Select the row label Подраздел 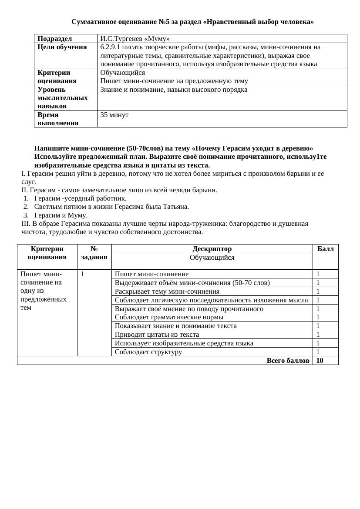coord(55,38)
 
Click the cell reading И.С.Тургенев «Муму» coord(135,38)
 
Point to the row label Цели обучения coord(62,47)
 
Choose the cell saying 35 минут coord(114,115)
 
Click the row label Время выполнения coord(58,119)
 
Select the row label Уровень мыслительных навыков coord(62,98)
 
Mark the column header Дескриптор coord(212,249)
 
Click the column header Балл coord(325,249)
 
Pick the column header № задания coord(94,253)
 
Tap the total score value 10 coord(320,361)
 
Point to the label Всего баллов coord(288,361)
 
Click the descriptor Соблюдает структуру coord(148,352)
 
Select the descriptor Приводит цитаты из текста coord(157,335)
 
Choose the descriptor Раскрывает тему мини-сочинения coord(167,291)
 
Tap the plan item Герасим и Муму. coord(61,215)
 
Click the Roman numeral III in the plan coord(26,224)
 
